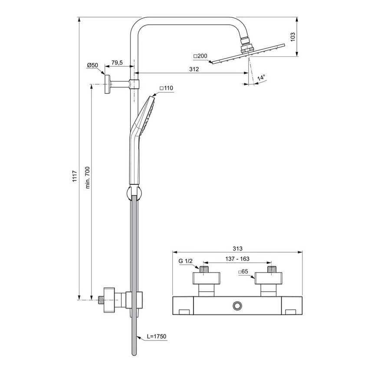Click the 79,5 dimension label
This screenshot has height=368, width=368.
pos(117,63)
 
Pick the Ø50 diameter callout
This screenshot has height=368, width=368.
pos(92,65)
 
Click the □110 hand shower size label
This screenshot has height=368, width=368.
pos(166,88)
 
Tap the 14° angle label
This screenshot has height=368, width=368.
pos(261,78)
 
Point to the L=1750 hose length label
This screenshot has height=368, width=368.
pos(156,336)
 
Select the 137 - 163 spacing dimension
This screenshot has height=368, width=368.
pos(238,259)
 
